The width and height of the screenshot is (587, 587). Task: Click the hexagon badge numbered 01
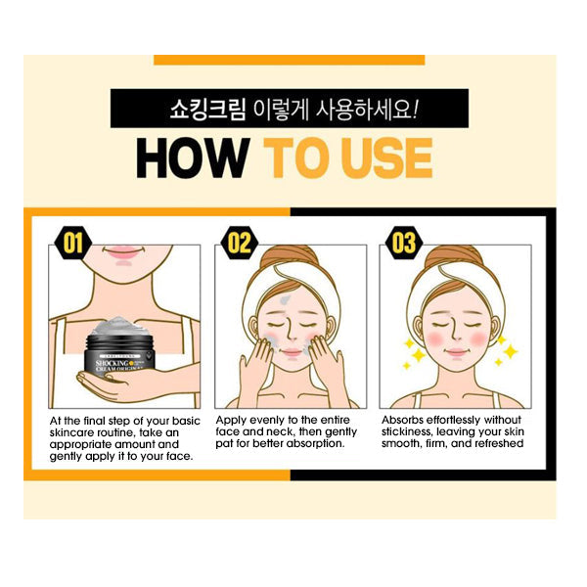(73, 244)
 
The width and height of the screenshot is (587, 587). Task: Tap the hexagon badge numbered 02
(240, 244)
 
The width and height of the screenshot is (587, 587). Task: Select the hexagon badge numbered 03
(404, 244)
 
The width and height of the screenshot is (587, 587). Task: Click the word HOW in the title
(193, 158)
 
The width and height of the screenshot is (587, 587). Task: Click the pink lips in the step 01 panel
(122, 250)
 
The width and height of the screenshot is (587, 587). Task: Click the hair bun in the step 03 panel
(454, 255)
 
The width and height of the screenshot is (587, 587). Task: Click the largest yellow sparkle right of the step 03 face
(511, 351)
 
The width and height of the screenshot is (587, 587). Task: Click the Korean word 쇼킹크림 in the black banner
(207, 109)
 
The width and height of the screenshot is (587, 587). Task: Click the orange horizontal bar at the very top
(289, 60)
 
